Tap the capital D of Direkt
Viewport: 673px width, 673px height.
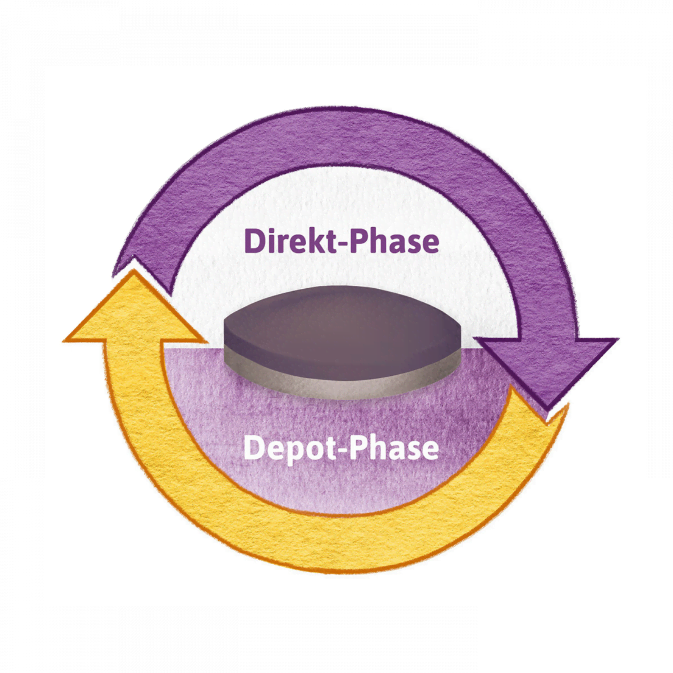pyautogui.click(x=255, y=242)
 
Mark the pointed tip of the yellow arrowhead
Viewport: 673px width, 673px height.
pyautogui.click(x=133, y=271)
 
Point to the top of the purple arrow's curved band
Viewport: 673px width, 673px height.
pyautogui.click(x=342, y=126)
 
